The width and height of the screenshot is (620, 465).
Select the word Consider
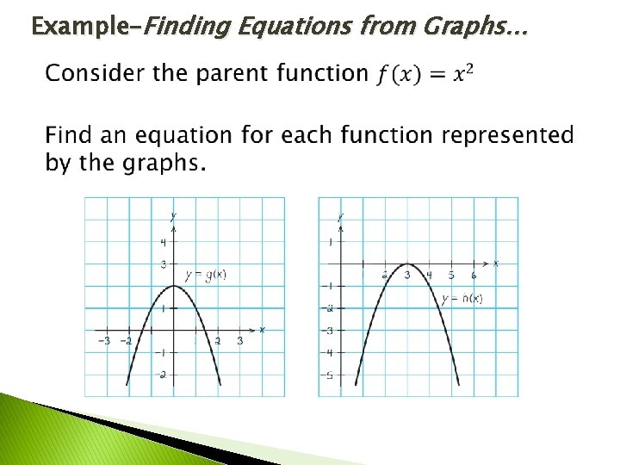tap(96, 73)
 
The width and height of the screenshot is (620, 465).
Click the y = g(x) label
tap(205, 275)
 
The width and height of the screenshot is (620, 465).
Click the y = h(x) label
tap(462, 299)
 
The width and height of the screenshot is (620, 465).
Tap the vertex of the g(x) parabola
tap(173, 285)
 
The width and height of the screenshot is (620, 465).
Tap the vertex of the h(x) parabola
tap(407, 263)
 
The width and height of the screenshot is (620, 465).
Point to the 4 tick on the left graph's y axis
tap(163, 242)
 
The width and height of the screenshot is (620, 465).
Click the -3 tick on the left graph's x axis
tap(103, 342)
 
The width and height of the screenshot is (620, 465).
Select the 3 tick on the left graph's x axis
tap(240, 342)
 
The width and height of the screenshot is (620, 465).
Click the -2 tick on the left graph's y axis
tap(162, 375)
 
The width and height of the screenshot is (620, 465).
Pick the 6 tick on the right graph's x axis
tap(474, 276)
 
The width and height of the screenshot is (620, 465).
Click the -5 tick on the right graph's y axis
tap(329, 375)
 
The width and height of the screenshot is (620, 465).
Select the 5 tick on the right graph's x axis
tap(451, 276)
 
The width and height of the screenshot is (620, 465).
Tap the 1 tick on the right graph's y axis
tap(330, 242)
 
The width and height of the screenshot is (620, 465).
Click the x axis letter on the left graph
tap(262, 330)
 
